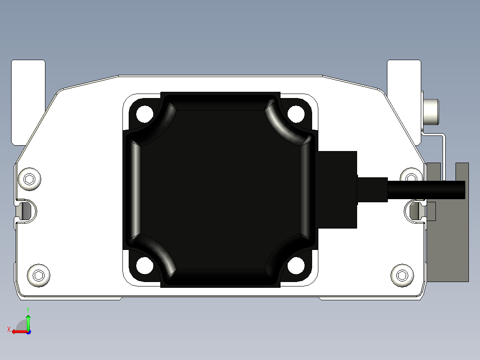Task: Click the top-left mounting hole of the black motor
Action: click(x=144, y=113)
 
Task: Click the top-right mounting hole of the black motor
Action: click(x=295, y=113)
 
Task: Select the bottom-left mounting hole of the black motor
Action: click(x=144, y=266)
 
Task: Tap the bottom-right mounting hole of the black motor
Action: click(x=295, y=266)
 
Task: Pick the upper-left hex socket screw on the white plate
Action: click(x=30, y=179)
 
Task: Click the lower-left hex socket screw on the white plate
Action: click(x=39, y=275)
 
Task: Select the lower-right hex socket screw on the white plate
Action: click(x=402, y=275)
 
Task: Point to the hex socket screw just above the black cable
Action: click(x=411, y=176)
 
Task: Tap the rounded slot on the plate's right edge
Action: click(x=415, y=210)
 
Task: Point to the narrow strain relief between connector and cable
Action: click(x=372, y=190)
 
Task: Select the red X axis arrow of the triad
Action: click(x=18, y=331)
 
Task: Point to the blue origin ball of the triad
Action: click(x=28, y=331)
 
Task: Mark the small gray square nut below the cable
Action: click(x=431, y=211)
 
